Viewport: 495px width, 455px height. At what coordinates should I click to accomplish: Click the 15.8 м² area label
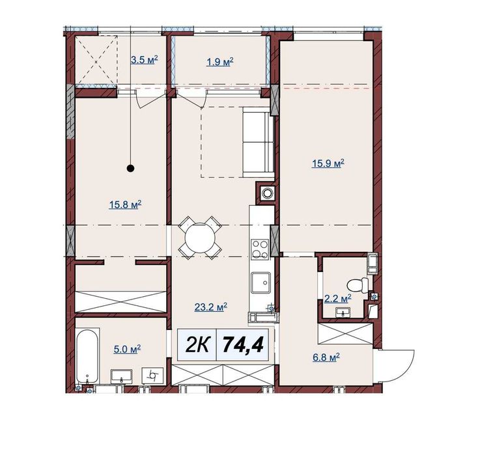pyautogui.click(x=125, y=205)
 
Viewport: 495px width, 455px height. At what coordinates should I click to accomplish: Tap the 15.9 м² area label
pyautogui.click(x=328, y=164)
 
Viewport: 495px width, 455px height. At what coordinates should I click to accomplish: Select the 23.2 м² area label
pyautogui.click(x=211, y=307)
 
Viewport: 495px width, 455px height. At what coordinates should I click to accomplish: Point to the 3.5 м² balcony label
pyautogui.click(x=145, y=60)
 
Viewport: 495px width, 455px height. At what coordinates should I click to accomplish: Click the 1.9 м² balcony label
pyautogui.click(x=219, y=62)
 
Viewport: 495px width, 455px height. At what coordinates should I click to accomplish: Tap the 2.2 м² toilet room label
pyautogui.click(x=338, y=298)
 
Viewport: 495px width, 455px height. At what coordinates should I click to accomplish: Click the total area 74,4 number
pyautogui.click(x=243, y=344)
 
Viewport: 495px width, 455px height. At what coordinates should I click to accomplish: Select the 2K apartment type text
pyautogui.click(x=197, y=345)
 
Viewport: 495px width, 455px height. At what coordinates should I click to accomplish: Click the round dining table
pyautogui.click(x=200, y=237)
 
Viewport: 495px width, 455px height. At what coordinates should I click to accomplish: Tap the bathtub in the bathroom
pyautogui.click(x=87, y=356)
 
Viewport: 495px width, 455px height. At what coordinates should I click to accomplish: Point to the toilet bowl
pyautogui.click(x=358, y=284)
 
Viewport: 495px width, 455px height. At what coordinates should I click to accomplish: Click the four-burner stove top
pyautogui.click(x=260, y=249)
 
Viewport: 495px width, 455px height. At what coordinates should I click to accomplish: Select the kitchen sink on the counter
pyautogui.click(x=261, y=283)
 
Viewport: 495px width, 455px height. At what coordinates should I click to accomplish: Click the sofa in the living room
pyautogui.click(x=258, y=142)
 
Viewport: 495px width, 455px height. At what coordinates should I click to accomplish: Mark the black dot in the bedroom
pyautogui.click(x=130, y=169)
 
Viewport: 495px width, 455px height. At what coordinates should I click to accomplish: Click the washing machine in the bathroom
pyautogui.click(x=153, y=376)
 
